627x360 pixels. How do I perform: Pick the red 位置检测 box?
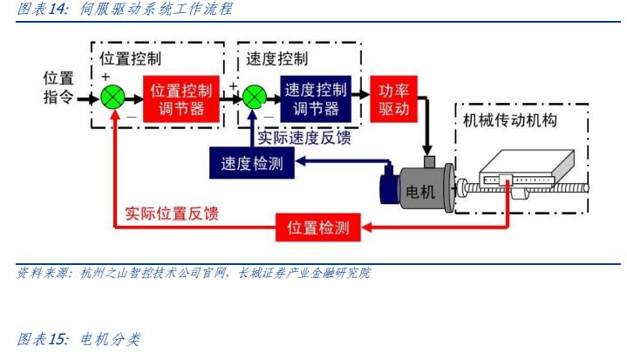[x=318, y=228]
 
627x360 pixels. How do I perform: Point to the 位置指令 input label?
[x=59, y=89]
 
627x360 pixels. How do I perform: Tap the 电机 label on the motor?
[x=417, y=192]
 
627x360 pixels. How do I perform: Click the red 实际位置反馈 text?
[x=172, y=213]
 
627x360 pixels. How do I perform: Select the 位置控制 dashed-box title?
[x=130, y=58]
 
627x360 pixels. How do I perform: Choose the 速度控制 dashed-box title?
[x=276, y=58]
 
